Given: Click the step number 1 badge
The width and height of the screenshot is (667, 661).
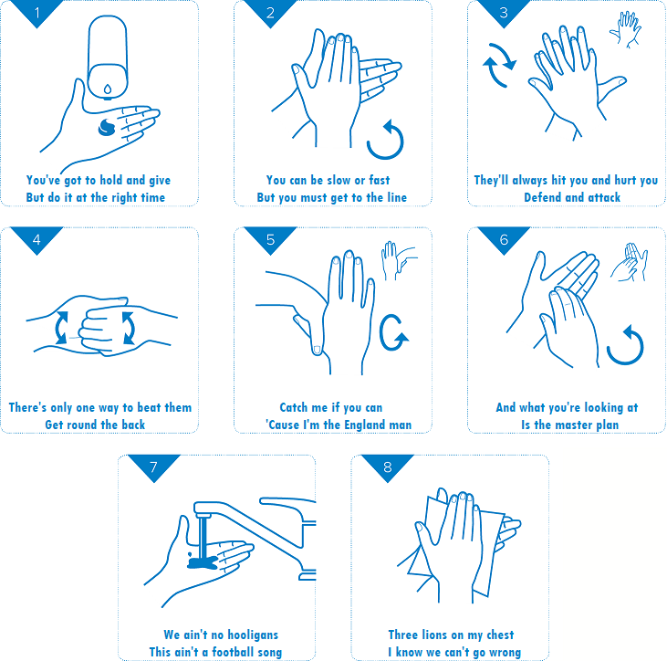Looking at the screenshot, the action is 37,12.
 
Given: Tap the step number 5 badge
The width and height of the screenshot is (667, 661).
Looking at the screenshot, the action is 271,239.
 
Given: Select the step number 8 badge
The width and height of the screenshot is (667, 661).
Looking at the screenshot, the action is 388,466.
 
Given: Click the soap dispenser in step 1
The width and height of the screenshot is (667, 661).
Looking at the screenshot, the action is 108,57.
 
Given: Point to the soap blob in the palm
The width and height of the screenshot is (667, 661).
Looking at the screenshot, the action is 107,127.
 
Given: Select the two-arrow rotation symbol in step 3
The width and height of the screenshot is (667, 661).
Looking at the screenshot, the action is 499,65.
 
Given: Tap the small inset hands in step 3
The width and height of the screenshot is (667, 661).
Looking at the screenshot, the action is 625,29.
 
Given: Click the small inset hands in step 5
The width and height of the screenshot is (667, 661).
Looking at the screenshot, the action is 399,260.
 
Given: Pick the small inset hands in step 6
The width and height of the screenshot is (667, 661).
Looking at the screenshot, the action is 630,262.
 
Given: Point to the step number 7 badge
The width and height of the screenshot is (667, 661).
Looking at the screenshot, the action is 154,466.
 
